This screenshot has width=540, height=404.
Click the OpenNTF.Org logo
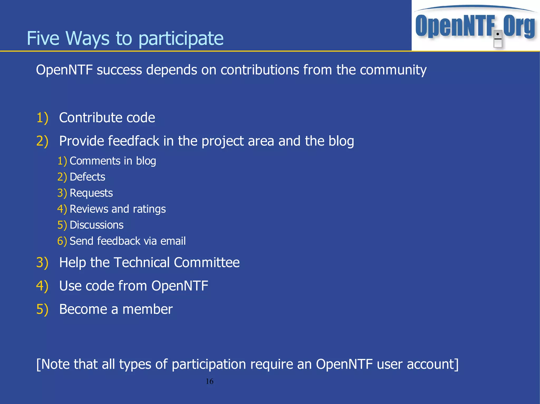(475, 26)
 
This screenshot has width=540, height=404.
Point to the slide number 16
(209, 381)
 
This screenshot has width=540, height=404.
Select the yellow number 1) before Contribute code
(42, 118)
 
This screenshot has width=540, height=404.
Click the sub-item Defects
(87, 177)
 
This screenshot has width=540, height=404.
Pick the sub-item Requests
(91, 193)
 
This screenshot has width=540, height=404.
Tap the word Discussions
(97, 225)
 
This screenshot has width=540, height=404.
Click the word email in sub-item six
(173, 241)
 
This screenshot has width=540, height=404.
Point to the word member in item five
(147, 309)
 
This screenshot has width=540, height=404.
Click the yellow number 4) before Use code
(42, 286)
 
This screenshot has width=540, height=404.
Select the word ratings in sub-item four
(149, 209)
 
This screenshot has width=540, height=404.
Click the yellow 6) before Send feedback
(62, 241)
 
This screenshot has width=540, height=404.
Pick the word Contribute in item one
(90, 118)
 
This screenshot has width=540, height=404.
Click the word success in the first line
(119, 70)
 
